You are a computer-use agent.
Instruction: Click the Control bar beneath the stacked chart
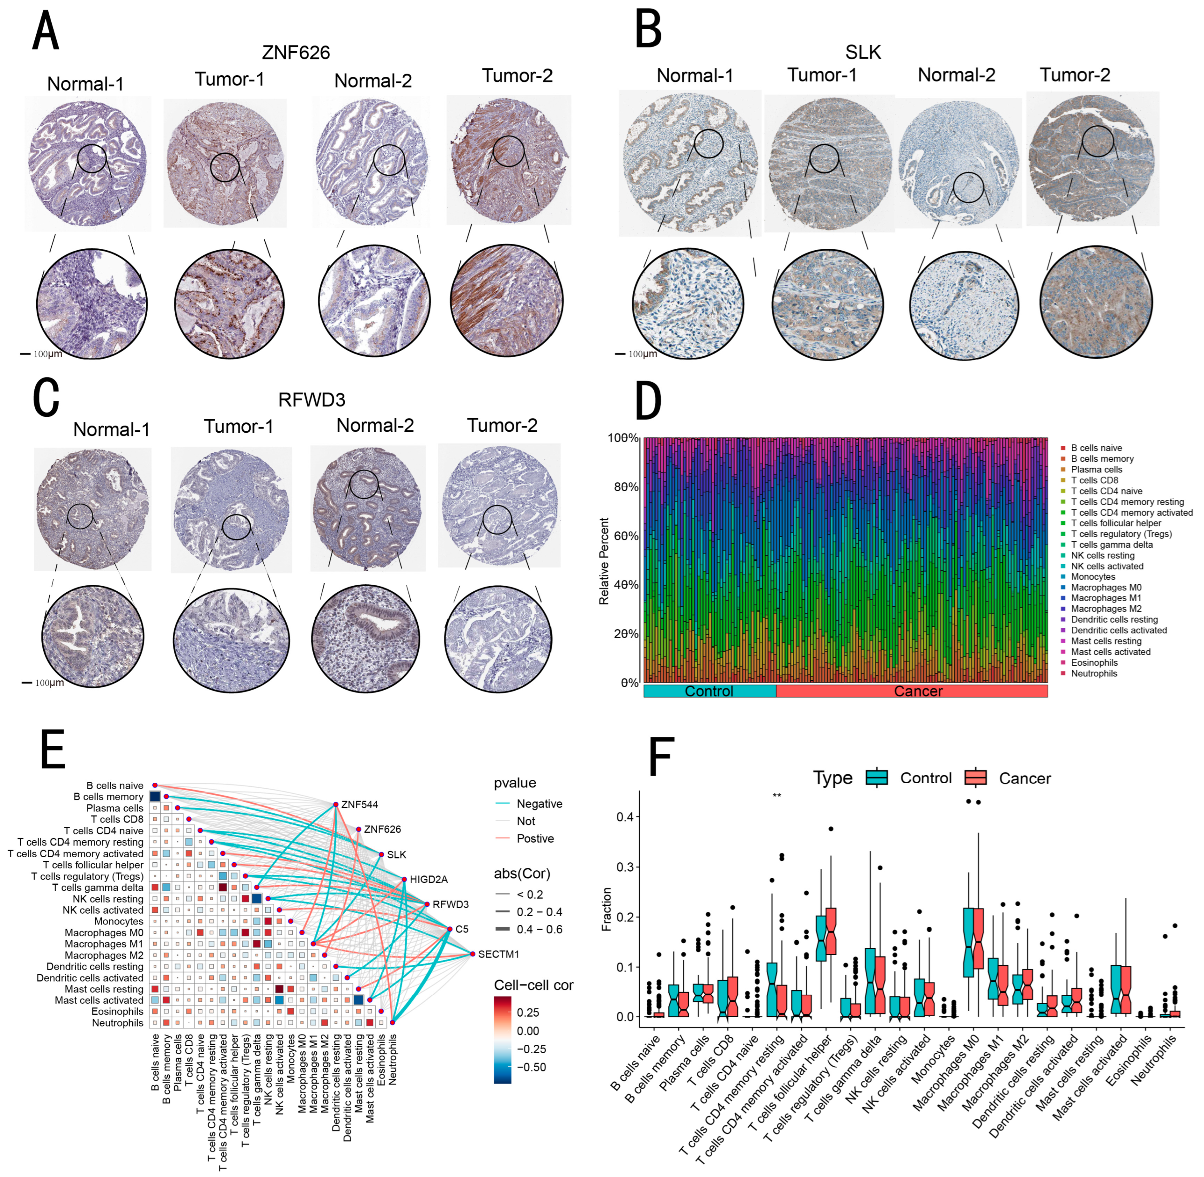pos(709,691)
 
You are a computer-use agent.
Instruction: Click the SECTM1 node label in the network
pos(498,954)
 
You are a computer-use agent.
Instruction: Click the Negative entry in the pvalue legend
pos(539,804)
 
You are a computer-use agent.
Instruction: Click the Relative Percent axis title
pos(604,561)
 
